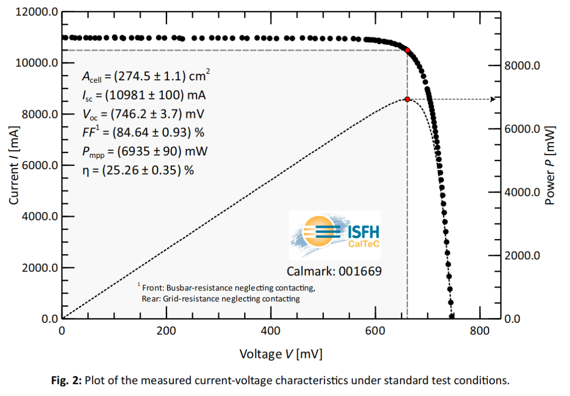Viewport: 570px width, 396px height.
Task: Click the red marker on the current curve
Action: coord(407,50)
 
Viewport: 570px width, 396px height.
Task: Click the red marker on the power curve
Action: coord(407,99)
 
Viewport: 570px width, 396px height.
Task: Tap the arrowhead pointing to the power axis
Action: coord(493,99)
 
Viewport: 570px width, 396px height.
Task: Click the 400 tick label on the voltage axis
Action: coord(271,331)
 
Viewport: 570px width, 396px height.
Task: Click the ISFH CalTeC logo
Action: coord(334,235)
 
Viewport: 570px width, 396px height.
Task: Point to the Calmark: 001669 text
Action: coord(334,271)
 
